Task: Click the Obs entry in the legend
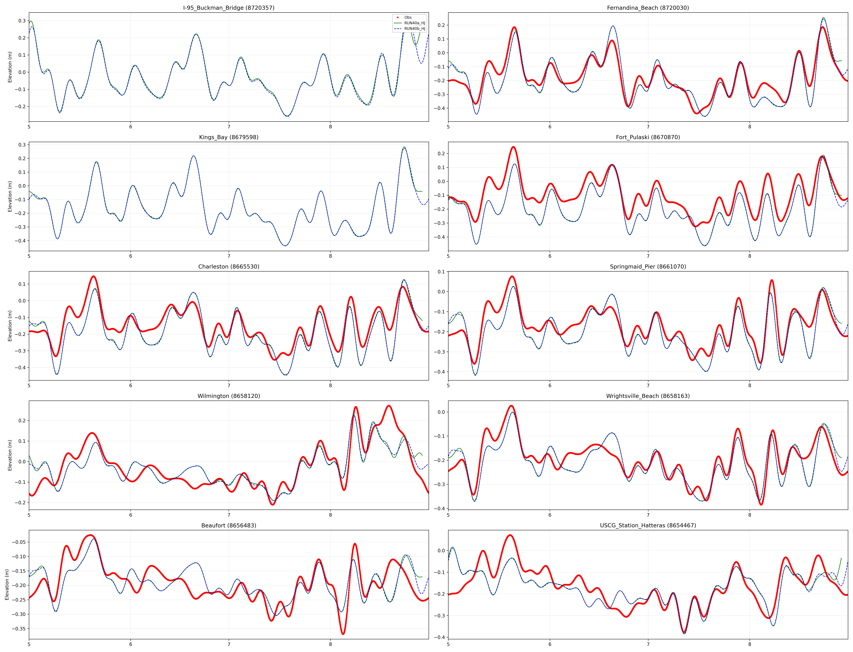pyautogui.click(x=408, y=17)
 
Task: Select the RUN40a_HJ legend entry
pyautogui.click(x=414, y=23)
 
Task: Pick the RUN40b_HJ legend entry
pyautogui.click(x=414, y=29)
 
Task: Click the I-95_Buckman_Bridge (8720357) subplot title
pyautogui.click(x=229, y=8)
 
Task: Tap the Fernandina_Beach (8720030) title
pyautogui.click(x=648, y=8)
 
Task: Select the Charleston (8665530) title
pyautogui.click(x=229, y=267)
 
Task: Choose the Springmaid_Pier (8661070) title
pyautogui.click(x=648, y=267)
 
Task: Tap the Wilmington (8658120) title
pyautogui.click(x=229, y=396)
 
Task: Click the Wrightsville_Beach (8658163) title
pyautogui.click(x=648, y=396)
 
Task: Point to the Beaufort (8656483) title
pyautogui.click(x=229, y=526)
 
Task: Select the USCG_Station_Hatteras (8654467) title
pyautogui.click(x=648, y=526)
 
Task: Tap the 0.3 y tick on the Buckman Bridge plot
pyautogui.click(x=22, y=21)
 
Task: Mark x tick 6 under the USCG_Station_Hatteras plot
pyautogui.click(x=550, y=644)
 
